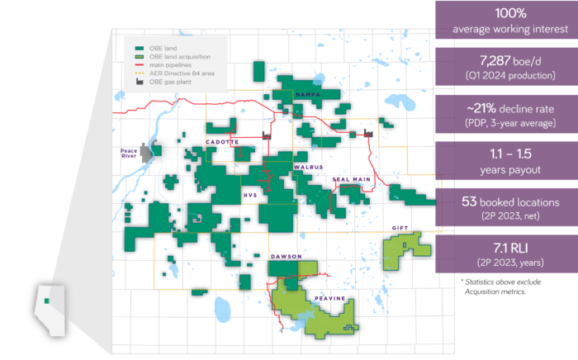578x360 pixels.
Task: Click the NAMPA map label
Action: pos(309,97)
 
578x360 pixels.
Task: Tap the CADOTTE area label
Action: pos(222,142)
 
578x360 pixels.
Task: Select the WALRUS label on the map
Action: pos(309,167)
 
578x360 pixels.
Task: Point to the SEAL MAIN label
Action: pos(350,178)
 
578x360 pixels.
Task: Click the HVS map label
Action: pos(250,196)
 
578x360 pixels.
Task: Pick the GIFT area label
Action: pos(400,227)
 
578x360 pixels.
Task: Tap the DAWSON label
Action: pos(286,257)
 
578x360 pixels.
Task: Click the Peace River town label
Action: pos(133,154)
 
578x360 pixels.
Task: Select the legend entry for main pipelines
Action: pos(170,64)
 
